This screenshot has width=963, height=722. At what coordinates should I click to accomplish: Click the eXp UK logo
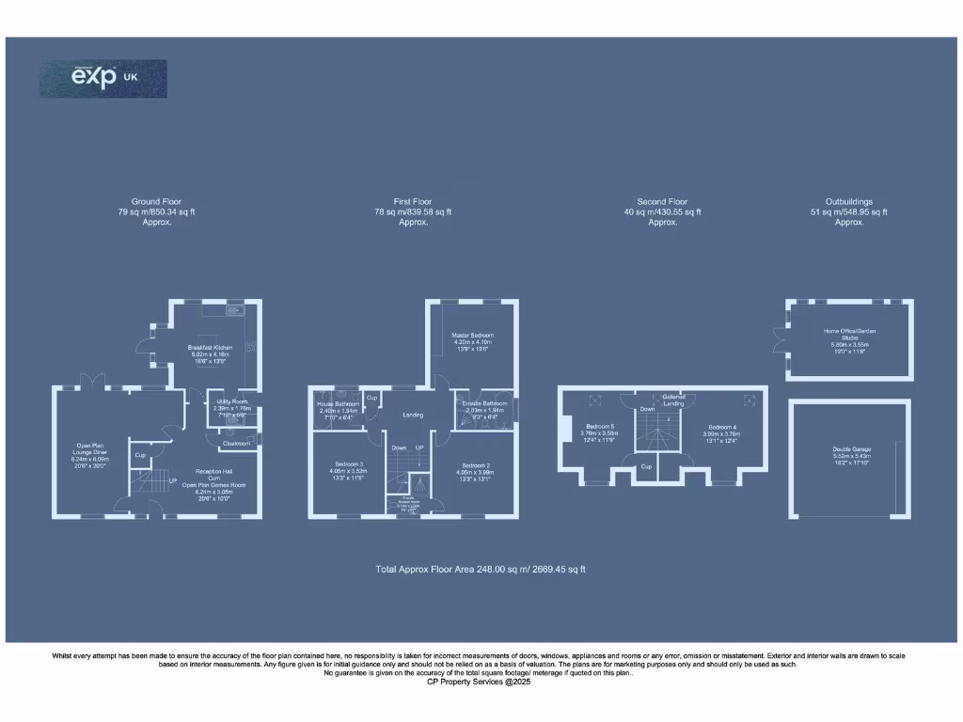(x=103, y=78)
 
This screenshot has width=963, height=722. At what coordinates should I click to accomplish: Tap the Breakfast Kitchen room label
(x=211, y=353)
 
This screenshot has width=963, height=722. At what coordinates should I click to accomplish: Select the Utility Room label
(x=231, y=405)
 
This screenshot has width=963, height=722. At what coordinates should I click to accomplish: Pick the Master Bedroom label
(x=474, y=342)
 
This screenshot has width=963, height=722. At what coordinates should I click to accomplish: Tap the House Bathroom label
(x=339, y=407)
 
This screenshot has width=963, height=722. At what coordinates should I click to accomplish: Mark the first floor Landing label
(x=413, y=415)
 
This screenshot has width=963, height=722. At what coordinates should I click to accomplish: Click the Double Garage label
(x=847, y=455)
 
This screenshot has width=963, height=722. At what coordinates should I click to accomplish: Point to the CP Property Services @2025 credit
(x=480, y=682)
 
